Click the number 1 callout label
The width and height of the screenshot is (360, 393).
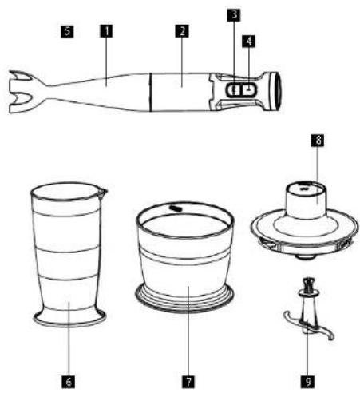click(106, 31)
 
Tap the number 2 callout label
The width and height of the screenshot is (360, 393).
click(182, 31)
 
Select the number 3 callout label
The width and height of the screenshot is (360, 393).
click(234, 14)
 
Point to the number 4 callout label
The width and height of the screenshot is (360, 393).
click(248, 41)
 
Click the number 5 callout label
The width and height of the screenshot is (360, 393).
click(67, 31)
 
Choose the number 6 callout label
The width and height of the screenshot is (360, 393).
click(69, 382)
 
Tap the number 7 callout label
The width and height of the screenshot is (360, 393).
click(188, 382)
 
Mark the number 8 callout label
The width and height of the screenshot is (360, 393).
click(318, 140)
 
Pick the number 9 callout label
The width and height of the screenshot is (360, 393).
click(308, 382)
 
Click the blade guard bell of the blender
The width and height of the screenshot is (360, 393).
click(22, 92)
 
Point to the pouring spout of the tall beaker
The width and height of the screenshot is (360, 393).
click(103, 193)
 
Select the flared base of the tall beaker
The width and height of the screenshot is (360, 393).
click(70, 318)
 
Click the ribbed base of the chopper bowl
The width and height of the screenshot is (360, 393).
click(184, 298)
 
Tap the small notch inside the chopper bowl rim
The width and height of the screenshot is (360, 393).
click(176, 208)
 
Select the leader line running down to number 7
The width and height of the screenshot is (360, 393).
click(188, 331)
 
